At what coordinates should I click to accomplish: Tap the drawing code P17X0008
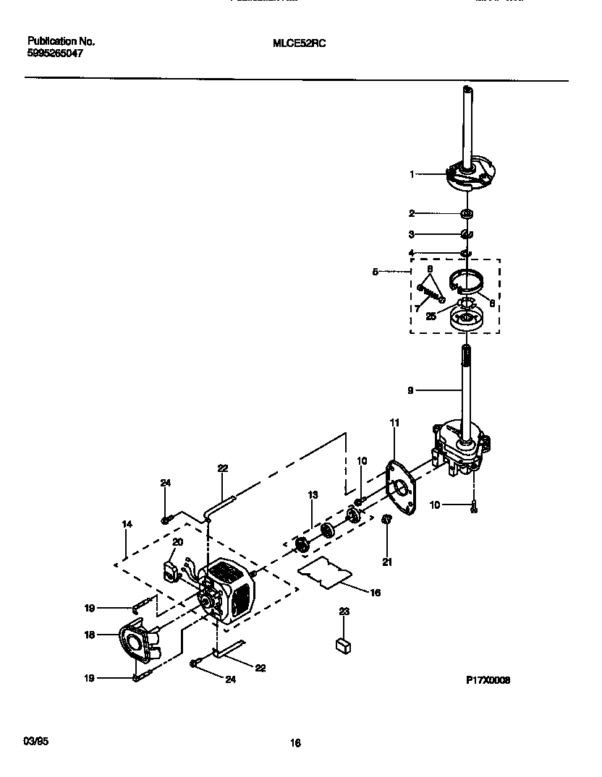click(488, 680)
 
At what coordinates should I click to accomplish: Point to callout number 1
click(412, 174)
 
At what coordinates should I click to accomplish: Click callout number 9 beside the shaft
click(410, 390)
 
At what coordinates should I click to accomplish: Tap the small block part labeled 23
click(344, 645)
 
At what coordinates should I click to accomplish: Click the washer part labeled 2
click(467, 214)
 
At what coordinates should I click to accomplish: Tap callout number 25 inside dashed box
click(431, 316)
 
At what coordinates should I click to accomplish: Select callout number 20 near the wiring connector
click(177, 541)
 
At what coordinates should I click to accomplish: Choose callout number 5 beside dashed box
click(376, 272)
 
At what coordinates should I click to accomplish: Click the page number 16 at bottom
click(295, 742)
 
